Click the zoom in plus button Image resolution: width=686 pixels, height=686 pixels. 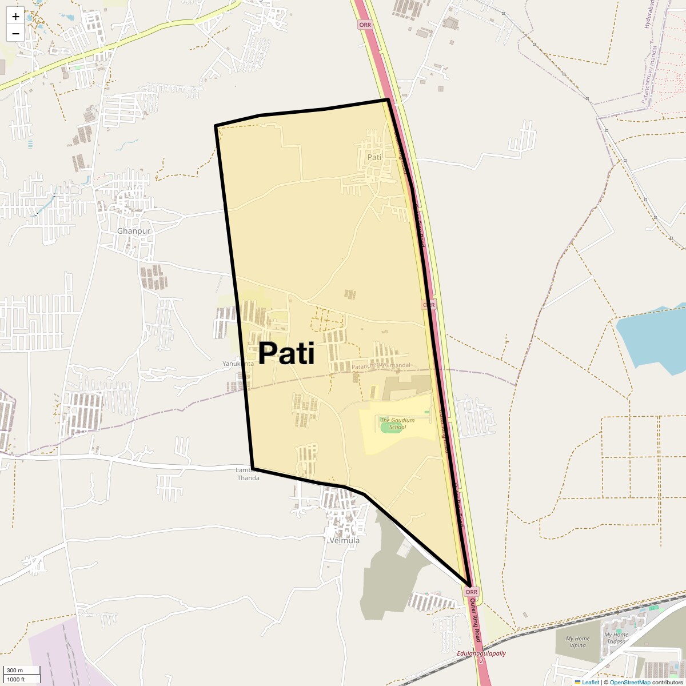click(x=15, y=16)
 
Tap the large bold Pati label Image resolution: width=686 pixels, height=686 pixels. click(x=286, y=353)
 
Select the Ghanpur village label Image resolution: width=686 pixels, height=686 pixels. click(x=134, y=231)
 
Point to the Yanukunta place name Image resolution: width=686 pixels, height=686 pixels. click(x=238, y=364)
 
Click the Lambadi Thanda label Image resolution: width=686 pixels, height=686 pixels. click(x=248, y=474)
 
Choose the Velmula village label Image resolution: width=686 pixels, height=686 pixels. click(x=345, y=540)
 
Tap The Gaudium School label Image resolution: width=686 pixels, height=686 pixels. click(x=397, y=424)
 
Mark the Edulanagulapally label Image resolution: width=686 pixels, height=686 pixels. click(x=481, y=653)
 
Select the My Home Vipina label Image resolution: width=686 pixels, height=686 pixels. click(x=577, y=642)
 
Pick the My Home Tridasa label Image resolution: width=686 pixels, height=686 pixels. click(x=616, y=638)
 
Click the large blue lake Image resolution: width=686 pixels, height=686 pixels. click(x=652, y=337)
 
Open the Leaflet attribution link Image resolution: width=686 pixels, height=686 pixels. click(x=591, y=682)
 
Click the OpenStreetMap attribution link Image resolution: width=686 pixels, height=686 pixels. click(x=629, y=682)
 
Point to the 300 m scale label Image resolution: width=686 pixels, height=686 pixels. click(x=15, y=670)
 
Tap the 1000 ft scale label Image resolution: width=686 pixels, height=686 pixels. click(x=15, y=679)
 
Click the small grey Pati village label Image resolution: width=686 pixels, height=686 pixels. click(x=374, y=157)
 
